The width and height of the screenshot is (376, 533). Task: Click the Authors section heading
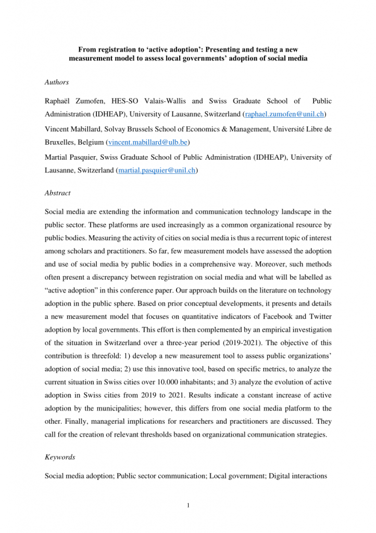click(57, 82)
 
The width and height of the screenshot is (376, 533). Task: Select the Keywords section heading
click(60, 457)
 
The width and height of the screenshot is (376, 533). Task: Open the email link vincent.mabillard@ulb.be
click(147, 142)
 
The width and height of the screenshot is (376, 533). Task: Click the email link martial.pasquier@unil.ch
click(157, 170)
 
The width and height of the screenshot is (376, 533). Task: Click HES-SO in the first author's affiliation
click(128, 101)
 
